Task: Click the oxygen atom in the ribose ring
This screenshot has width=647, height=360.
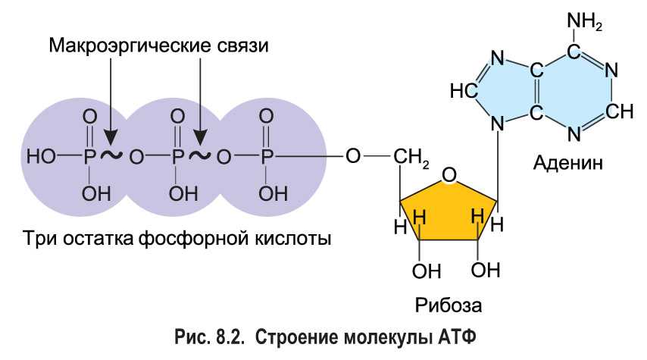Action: point(449,177)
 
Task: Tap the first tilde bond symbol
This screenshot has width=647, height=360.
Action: point(113,155)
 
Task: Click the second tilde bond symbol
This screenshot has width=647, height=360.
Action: point(200,155)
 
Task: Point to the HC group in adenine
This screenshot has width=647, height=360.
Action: point(462,91)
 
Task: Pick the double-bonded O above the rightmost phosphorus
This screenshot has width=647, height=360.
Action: point(267,116)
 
